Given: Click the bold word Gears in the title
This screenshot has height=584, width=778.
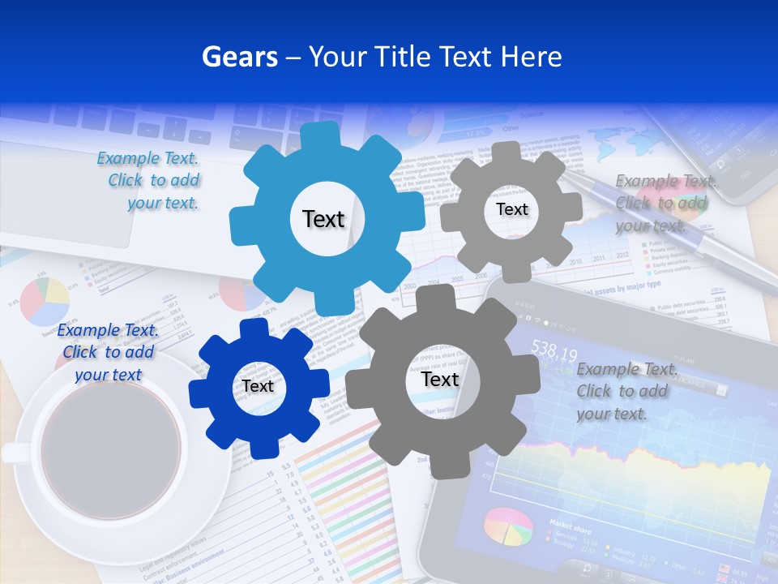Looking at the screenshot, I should (x=238, y=57).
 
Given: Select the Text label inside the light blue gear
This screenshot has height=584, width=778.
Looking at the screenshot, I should (x=323, y=219).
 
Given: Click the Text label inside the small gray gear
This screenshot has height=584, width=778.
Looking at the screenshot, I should (x=511, y=209).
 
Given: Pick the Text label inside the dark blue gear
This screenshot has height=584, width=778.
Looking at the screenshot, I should (x=258, y=387).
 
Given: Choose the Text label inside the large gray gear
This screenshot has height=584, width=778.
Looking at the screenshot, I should (x=439, y=380).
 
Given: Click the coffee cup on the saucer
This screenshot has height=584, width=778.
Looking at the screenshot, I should (x=109, y=454).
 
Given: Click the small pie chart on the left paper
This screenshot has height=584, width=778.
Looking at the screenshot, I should (x=45, y=301).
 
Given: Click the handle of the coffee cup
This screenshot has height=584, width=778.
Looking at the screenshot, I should (x=15, y=453).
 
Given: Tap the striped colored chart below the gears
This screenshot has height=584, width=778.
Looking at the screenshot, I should (x=340, y=503).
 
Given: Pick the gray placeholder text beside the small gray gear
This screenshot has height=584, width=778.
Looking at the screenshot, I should (x=663, y=204).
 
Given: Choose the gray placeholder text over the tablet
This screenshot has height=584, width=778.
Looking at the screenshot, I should (x=624, y=391).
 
